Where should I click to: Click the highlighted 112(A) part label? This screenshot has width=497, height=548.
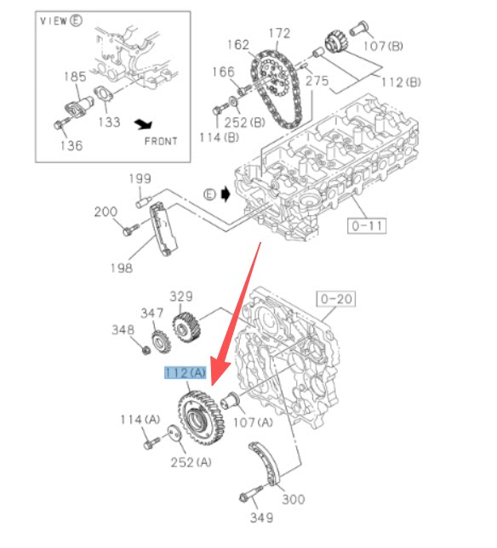(x=186, y=373)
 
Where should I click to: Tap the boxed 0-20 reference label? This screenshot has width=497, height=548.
(x=336, y=299)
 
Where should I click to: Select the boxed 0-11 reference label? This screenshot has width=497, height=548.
(x=367, y=226)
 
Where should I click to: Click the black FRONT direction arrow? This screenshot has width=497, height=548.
(x=144, y=124)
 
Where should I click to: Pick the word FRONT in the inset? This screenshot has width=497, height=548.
(x=161, y=141)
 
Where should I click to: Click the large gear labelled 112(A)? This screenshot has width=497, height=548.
(x=201, y=417)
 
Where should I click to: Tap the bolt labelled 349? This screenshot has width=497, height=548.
(x=250, y=493)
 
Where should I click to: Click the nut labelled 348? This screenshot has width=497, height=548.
(x=146, y=349)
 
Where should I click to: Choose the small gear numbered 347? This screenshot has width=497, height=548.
(x=161, y=342)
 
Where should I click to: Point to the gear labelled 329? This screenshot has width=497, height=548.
(x=186, y=327)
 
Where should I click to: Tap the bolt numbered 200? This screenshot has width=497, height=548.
(x=130, y=229)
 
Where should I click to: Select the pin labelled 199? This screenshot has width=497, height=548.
(x=143, y=202)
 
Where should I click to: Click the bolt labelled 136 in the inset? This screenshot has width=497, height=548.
(x=61, y=123)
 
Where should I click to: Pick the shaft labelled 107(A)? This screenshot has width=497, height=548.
(x=230, y=400)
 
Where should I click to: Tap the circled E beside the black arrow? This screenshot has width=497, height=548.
(x=209, y=195)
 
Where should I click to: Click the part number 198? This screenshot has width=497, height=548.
(x=122, y=268)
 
